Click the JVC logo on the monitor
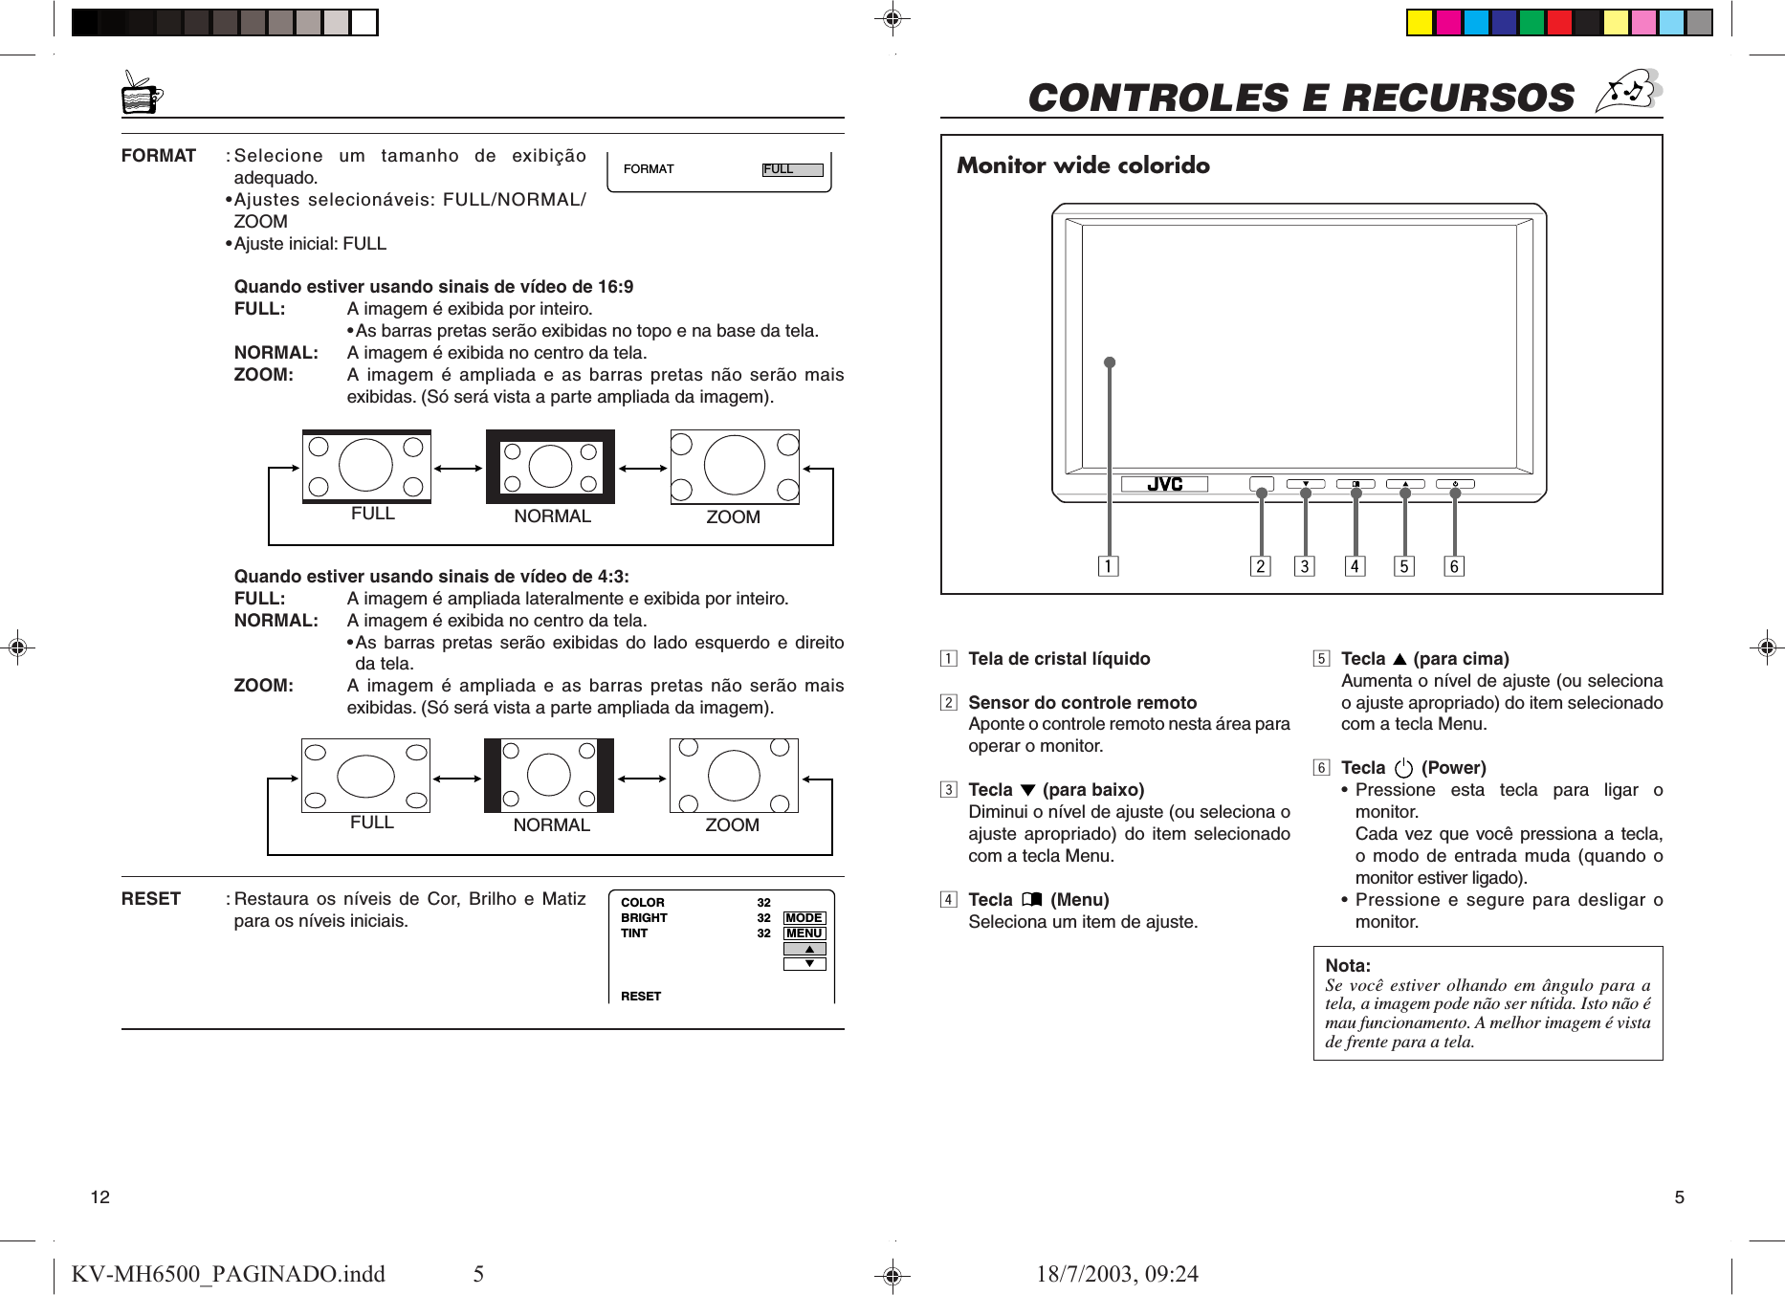point(1164,485)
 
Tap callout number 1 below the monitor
point(1108,566)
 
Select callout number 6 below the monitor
point(1454,566)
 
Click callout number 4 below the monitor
point(1355,566)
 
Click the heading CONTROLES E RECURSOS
point(1300,98)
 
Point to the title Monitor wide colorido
point(1083,165)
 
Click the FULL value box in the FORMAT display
point(792,169)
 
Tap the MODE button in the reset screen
point(804,917)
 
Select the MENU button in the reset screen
point(804,933)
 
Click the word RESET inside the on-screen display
point(641,996)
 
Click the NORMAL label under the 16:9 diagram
point(552,516)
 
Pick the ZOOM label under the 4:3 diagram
point(732,824)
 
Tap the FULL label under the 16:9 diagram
point(372,514)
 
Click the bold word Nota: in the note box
point(1348,965)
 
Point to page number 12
point(99,1196)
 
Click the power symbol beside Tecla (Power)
point(1403,768)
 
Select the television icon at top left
point(142,94)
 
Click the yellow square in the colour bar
point(1420,22)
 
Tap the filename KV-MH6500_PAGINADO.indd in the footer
point(228,1273)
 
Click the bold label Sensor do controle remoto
point(1082,702)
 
